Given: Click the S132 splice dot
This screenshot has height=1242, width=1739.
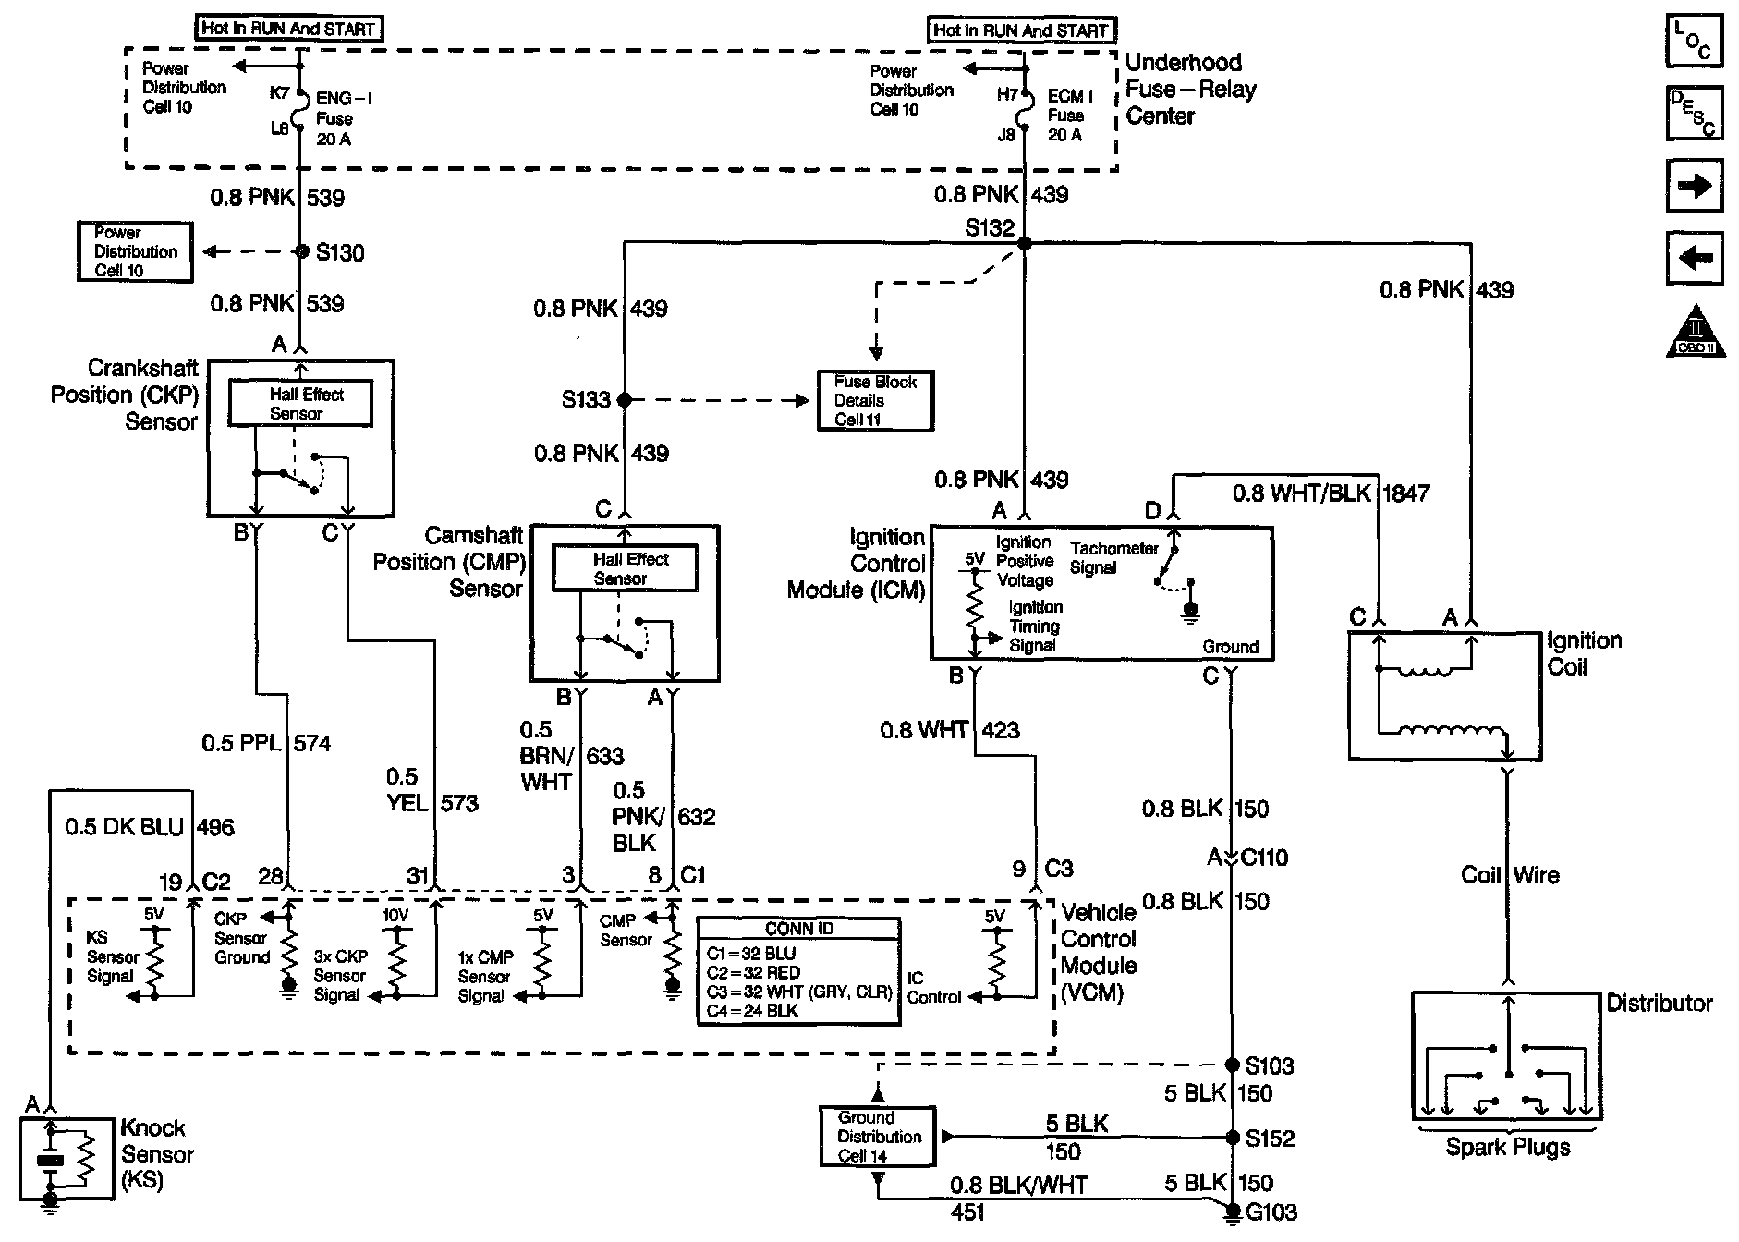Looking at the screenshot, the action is coord(1024,243).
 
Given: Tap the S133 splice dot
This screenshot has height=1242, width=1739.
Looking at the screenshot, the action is coord(625,400).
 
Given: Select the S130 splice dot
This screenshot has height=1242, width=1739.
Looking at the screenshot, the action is coord(300,251).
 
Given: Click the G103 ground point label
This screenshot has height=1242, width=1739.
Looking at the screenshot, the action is coord(1271,1212).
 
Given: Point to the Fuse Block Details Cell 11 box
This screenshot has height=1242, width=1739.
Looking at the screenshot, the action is coord(875,400).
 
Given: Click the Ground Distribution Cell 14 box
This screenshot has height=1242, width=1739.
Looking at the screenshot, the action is coord(877,1137).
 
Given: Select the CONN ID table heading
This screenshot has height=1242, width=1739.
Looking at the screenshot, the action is coord(799,930).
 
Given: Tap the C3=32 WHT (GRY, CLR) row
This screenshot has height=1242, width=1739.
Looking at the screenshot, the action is coord(799,992).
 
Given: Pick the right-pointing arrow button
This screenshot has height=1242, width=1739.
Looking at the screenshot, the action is coord(1694,187).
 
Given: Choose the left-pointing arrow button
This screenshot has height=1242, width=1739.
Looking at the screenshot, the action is coord(1694,259).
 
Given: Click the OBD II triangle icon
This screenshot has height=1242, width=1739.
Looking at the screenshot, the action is coord(1695,331).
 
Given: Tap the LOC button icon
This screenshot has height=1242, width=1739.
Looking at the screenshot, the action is coord(1694,41).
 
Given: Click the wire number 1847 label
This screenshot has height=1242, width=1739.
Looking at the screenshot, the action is coord(1405,493).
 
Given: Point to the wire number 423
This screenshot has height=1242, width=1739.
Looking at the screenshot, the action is coord(1001,730).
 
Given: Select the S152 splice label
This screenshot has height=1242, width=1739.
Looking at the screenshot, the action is coord(1270,1138).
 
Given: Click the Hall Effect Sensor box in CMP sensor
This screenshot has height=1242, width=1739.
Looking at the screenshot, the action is coord(626,568).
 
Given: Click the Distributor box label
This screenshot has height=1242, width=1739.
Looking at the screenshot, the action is coord(1660,1003).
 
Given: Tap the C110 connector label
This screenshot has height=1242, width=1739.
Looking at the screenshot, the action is coord(1263,858).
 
